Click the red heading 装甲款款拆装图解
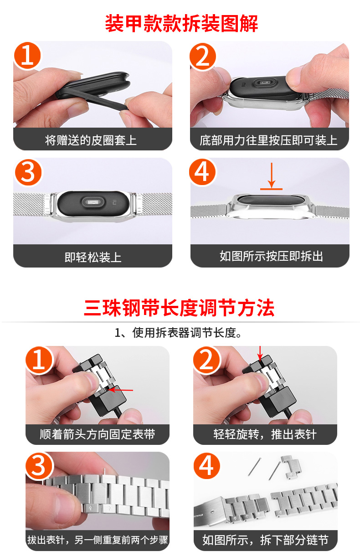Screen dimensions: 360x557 pyautogui.click(x=181, y=23)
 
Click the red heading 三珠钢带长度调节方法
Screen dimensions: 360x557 pyautogui.click(x=179, y=308)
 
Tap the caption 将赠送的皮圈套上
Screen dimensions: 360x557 pyautogui.click(x=91, y=140)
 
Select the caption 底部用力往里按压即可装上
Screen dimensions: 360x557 pyautogui.click(x=268, y=140)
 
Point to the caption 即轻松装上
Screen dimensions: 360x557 pyautogui.click(x=93, y=257)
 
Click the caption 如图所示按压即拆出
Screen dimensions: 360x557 pyautogui.click(x=271, y=256)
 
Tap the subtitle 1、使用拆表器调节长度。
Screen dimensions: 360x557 pyautogui.click(x=178, y=333)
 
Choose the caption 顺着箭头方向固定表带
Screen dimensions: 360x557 pyautogui.click(x=98, y=434)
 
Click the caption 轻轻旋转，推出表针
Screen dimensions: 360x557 pyautogui.click(x=265, y=434)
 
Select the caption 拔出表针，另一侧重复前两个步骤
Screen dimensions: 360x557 pyautogui.click(x=98, y=540)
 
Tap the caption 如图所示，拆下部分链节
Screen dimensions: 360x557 pyautogui.click(x=265, y=540)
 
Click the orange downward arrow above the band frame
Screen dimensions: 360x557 pyautogui.click(x=272, y=175)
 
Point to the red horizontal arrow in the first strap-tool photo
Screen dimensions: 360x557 pyautogui.click(x=121, y=390)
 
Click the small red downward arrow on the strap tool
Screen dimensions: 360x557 pyautogui.click(x=260, y=353)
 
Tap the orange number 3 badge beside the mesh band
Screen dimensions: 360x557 pyautogui.click(x=28, y=172)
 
